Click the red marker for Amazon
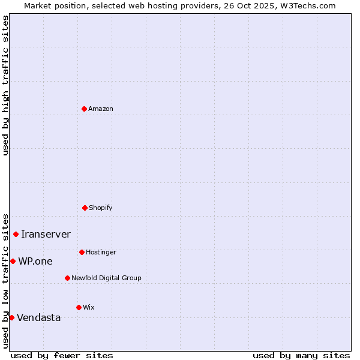click(x=84, y=109)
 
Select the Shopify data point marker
click(x=85, y=208)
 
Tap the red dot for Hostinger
click(x=82, y=252)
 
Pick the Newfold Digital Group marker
click(x=67, y=278)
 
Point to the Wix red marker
click(x=79, y=307)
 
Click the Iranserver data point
click(x=16, y=234)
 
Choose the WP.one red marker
click(x=13, y=261)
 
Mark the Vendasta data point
click(x=11, y=317)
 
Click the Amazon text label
click(x=101, y=109)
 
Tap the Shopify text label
click(x=100, y=208)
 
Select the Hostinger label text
click(x=101, y=252)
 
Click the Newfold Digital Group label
click(x=106, y=278)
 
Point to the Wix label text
click(x=89, y=307)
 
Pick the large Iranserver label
click(x=46, y=234)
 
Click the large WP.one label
click(x=35, y=261)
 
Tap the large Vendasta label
click(x=38, y=317)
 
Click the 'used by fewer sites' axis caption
click(x=62, y=355)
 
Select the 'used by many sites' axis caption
click(x=301, y=355)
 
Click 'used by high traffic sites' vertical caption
click(x=5, y=85)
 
